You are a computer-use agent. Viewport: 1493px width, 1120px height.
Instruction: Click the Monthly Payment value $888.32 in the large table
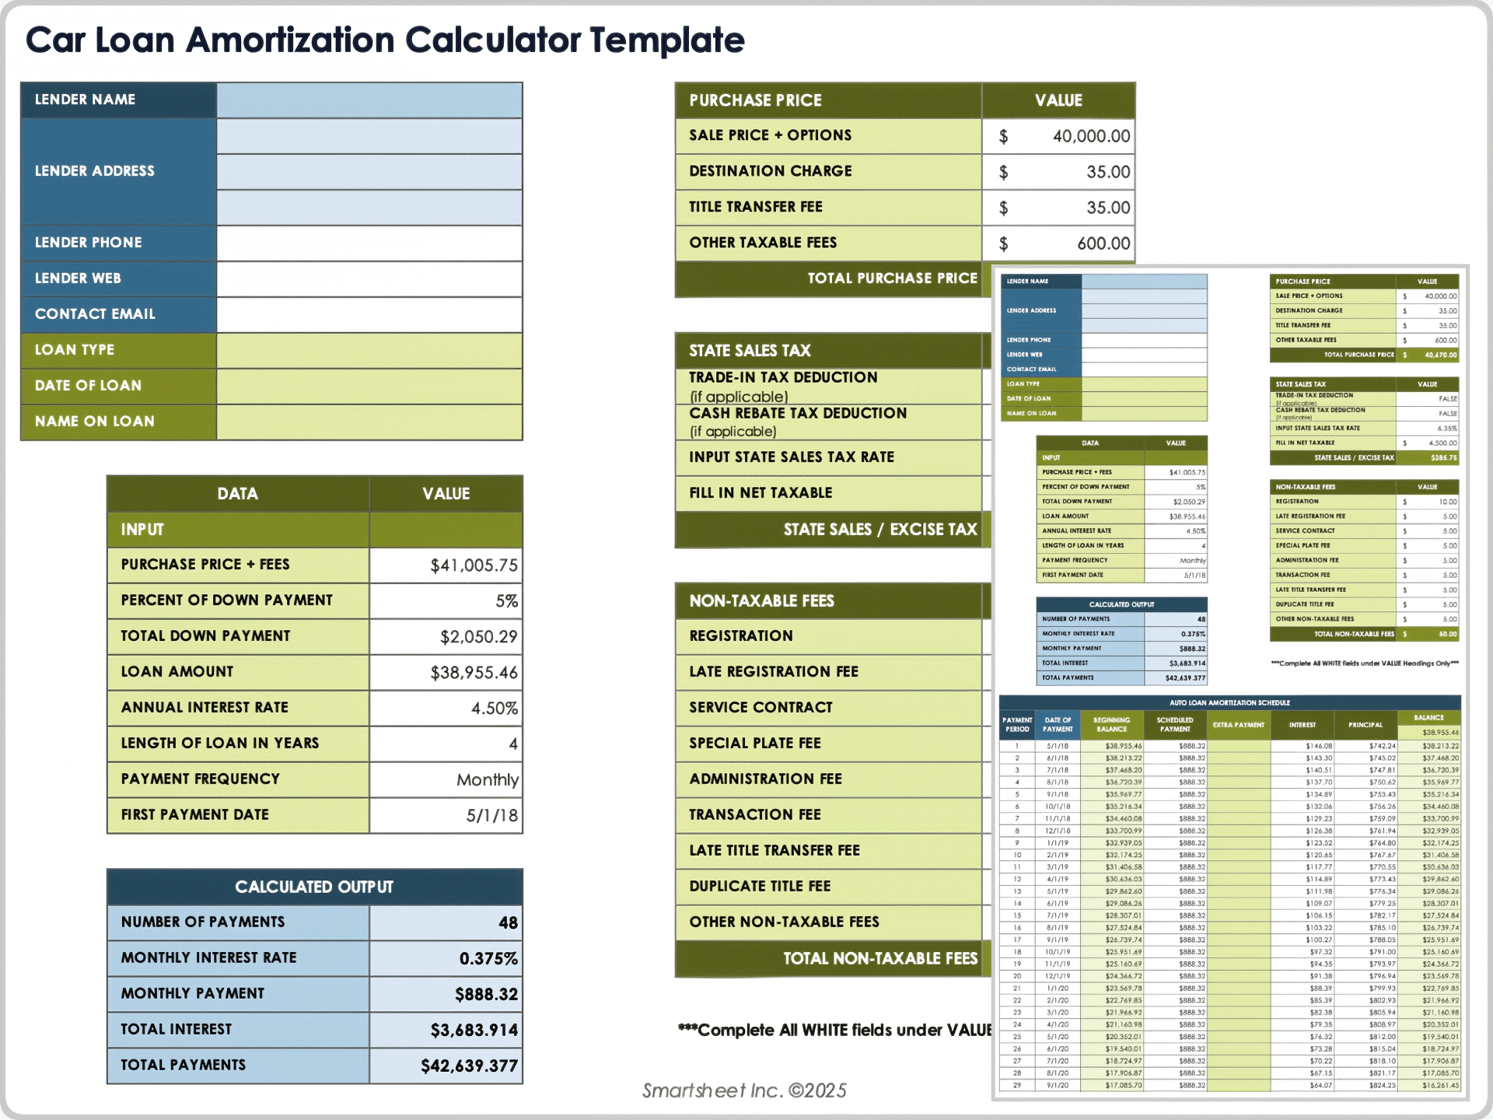pos(486,994)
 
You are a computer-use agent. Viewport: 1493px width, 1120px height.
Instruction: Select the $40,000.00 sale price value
pos(1090,136)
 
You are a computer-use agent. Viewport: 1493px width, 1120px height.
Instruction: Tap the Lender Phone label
pos(89,243)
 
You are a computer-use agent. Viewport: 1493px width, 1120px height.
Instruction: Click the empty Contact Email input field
pos(369,314)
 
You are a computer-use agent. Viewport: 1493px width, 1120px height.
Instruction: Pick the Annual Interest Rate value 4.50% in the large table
pos(494,708)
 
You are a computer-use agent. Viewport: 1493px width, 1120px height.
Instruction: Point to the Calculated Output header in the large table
pos(314,887)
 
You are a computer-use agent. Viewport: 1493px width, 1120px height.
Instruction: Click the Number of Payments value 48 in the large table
pos(507,922)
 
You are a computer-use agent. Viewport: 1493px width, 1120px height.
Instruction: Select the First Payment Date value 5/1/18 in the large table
pos(491,815)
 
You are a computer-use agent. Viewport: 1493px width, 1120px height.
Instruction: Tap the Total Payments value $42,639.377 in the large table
pos(469,1066)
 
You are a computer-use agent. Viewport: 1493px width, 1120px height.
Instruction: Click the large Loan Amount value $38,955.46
pos(474,672)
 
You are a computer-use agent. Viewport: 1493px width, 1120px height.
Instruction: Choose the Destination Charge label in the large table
pos(770,171)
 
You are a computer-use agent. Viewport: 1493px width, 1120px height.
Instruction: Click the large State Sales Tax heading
pos(750,351)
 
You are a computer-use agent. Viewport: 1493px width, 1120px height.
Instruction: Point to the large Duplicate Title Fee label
pos(760,886)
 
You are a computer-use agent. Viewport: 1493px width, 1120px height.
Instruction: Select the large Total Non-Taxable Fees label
pos(879,958)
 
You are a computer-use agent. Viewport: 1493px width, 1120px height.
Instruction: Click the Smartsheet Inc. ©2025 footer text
pos(744,1090)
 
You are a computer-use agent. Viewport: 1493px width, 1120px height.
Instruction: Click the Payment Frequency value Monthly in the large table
pos(487,779)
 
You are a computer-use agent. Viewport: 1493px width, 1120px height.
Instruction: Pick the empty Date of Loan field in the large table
pos(369,386)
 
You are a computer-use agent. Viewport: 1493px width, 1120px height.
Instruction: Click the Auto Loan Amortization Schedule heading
pos(1229,702)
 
